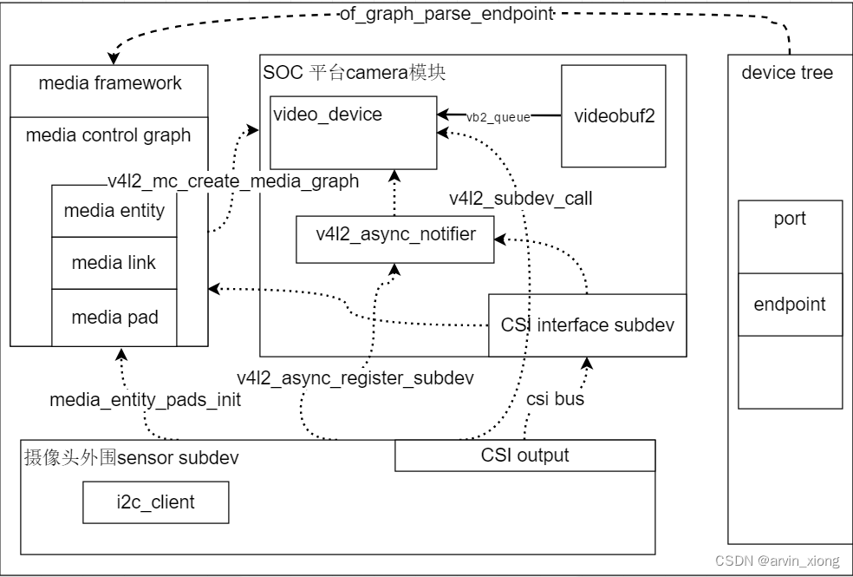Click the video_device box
354,133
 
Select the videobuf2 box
614,116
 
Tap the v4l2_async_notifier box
395,239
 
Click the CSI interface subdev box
588,325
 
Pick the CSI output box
525,456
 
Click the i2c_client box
155,502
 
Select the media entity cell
114,211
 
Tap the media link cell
114,263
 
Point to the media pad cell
114,318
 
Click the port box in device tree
790,237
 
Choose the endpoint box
790,305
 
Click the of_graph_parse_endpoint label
446,14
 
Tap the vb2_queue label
498,117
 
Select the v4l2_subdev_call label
521,199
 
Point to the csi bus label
555,399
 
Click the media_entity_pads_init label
146,400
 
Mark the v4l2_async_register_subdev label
355,377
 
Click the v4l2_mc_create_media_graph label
233,180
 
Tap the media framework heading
110,83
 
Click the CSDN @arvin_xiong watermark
778,561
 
